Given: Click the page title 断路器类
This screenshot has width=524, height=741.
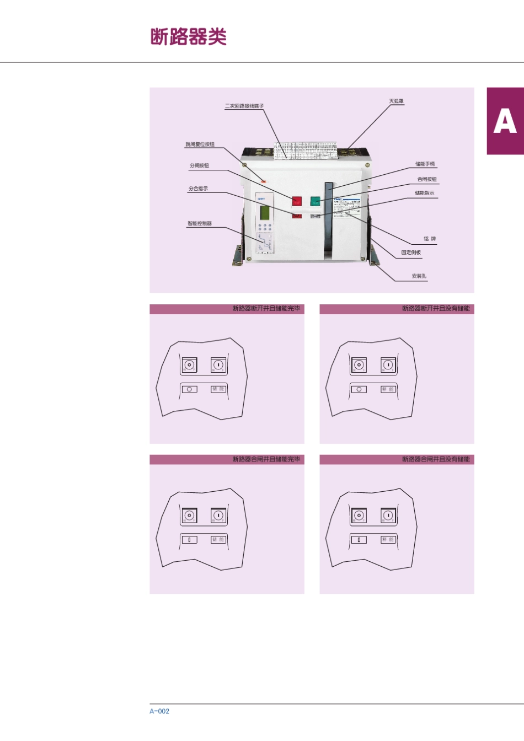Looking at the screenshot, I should (x=189, y=37).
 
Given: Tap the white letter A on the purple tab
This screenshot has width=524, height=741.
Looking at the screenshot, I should (x=505, y=121).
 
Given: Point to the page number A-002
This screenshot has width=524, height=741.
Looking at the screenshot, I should (x=159, y=711).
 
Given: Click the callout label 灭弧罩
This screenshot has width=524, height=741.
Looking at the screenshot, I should (x=397, y=101).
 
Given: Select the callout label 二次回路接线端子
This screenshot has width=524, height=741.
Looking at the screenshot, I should (x=244, y=106).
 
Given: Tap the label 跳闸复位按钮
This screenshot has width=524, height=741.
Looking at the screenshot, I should (x=200, y=144).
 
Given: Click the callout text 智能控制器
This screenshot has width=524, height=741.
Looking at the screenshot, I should (x=199, y=223).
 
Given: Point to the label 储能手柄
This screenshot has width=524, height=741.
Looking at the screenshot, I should (x=425, y=164).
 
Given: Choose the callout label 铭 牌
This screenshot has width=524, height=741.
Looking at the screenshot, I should (x=430, y=239).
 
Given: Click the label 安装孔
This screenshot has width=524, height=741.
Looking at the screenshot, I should (x=419, y=276).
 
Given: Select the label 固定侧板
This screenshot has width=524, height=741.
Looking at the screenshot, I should (x=411, y=253).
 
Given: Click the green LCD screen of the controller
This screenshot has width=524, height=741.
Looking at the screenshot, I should (x=265, y=212).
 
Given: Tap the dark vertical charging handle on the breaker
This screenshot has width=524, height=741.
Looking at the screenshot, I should (x=329, y=221).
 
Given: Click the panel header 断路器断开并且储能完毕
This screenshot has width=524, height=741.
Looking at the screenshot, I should (x=266, y=309).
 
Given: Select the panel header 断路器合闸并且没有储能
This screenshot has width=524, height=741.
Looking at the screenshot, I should (x=436, y=459).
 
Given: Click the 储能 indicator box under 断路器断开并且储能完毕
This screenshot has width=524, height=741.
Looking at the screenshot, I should (x=218, y=389).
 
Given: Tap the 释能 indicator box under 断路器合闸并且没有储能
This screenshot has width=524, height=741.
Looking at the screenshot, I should (x=388, y=540).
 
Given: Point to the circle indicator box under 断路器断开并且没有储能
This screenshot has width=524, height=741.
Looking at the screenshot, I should (x=359, y=389).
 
